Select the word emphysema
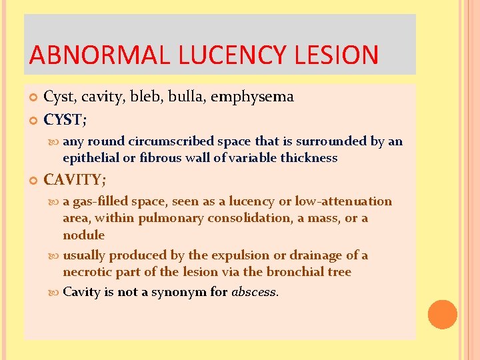tap(252, 97)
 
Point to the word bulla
tap(188, 97)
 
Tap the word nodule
tap(83, 235)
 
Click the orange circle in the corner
tap(443, 314)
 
